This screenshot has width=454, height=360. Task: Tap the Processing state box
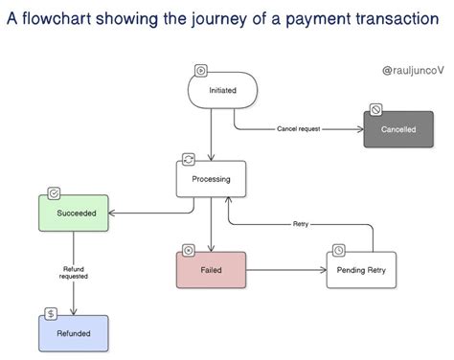(211, 179)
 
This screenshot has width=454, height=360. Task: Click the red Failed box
(211, 271)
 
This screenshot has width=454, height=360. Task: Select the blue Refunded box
(73, 334)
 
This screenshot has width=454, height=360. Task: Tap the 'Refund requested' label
(74, 273)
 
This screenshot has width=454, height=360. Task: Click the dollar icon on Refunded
(50, 313)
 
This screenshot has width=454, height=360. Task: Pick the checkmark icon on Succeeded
(55, 192)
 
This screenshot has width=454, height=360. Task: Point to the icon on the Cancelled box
(376, 109)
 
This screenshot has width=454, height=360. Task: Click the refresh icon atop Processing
(189, 158)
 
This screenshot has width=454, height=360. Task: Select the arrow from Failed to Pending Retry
(287, 271)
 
